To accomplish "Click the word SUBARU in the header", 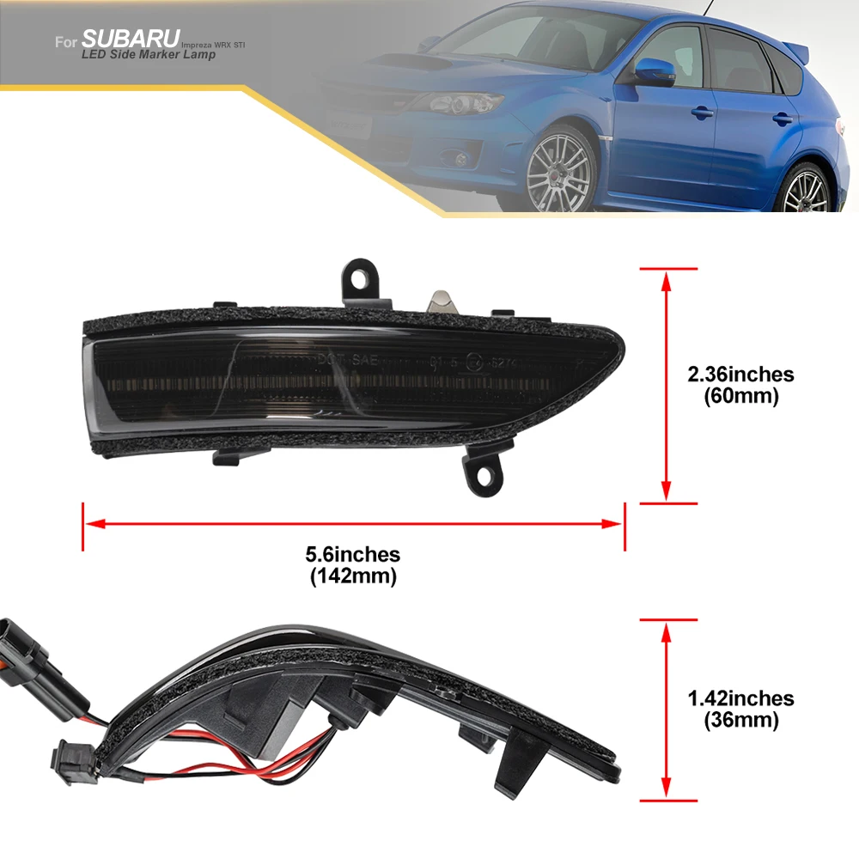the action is tap(131, 39).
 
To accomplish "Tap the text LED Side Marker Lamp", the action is tap(149, 55).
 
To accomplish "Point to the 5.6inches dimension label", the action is tap(353, 555).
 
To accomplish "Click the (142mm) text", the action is tap(353, 576).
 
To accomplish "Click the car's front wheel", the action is tap(559, 171).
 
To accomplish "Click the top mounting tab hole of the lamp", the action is tap(359, 277).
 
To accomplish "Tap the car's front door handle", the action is tap(702, 112).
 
